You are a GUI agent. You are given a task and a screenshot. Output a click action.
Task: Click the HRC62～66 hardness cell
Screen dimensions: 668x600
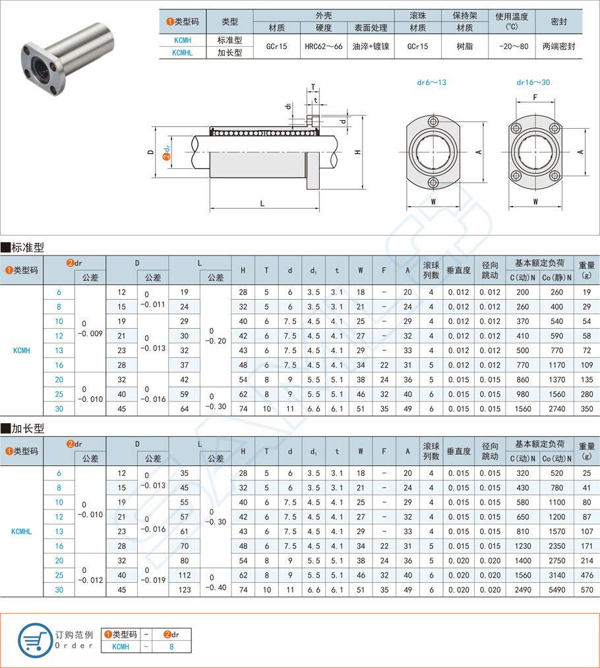[x=323, y=47]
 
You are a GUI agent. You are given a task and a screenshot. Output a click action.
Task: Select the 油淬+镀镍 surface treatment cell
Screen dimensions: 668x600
[x=370, y=47]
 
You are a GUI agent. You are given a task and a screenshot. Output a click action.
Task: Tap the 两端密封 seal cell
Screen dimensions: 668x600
[x=558, y=47]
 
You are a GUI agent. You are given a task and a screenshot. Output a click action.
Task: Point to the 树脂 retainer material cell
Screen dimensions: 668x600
[x=465, y=47]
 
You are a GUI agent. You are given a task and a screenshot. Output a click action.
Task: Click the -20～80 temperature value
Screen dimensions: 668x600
[x=512, y=47]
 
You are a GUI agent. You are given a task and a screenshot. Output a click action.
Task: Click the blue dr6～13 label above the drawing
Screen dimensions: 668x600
[x=432, y=83]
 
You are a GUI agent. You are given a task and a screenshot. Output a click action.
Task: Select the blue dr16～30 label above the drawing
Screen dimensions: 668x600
[x=533, y=83]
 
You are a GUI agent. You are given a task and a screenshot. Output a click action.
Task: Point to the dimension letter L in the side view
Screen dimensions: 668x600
[x=262, y=203]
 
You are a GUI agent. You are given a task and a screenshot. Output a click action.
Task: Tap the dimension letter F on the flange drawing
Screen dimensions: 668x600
[x=535, y=98]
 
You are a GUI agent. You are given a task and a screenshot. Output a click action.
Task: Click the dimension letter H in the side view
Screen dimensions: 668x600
[x=357, y=152]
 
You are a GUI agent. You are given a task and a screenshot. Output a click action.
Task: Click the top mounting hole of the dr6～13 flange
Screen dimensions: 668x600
[x=433, y=122]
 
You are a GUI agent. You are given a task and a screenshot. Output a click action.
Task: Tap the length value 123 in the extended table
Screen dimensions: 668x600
[x=184, y=589]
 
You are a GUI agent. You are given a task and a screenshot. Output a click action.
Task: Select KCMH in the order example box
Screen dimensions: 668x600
[x=121, y=647]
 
